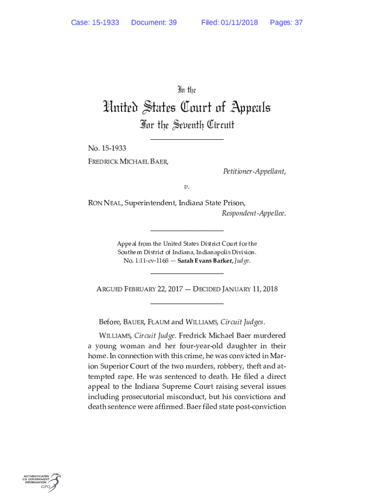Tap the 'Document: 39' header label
pyautogui.click(x=153, y=23)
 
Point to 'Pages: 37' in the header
pyautogui.click(x=286, y=23)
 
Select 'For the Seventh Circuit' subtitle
pyautogui.click(x=187, y=125)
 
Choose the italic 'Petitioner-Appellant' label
pyautogui.click(x=254, y=171)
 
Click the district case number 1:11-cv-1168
pyautogui.click(x=151, y=261)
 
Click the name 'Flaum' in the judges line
pyautogui.click(x=158, y=322)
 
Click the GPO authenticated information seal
pyautogui.click(x=42, y=483)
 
